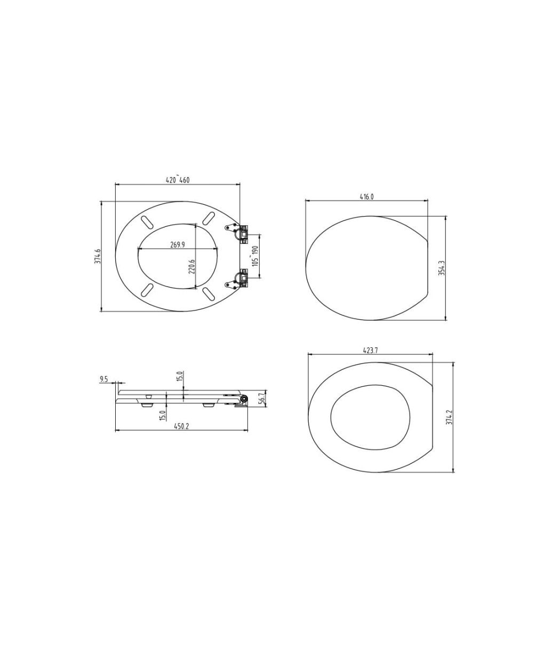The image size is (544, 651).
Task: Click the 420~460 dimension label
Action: (177, 180)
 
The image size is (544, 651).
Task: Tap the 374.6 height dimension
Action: (98, 256)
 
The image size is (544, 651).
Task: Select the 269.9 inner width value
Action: (178, 245)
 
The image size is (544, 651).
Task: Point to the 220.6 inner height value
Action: (191, 267)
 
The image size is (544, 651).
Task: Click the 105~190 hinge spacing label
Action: (255, 256)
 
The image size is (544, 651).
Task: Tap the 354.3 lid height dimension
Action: (442, 268)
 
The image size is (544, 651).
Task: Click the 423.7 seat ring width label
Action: (371, 351)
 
